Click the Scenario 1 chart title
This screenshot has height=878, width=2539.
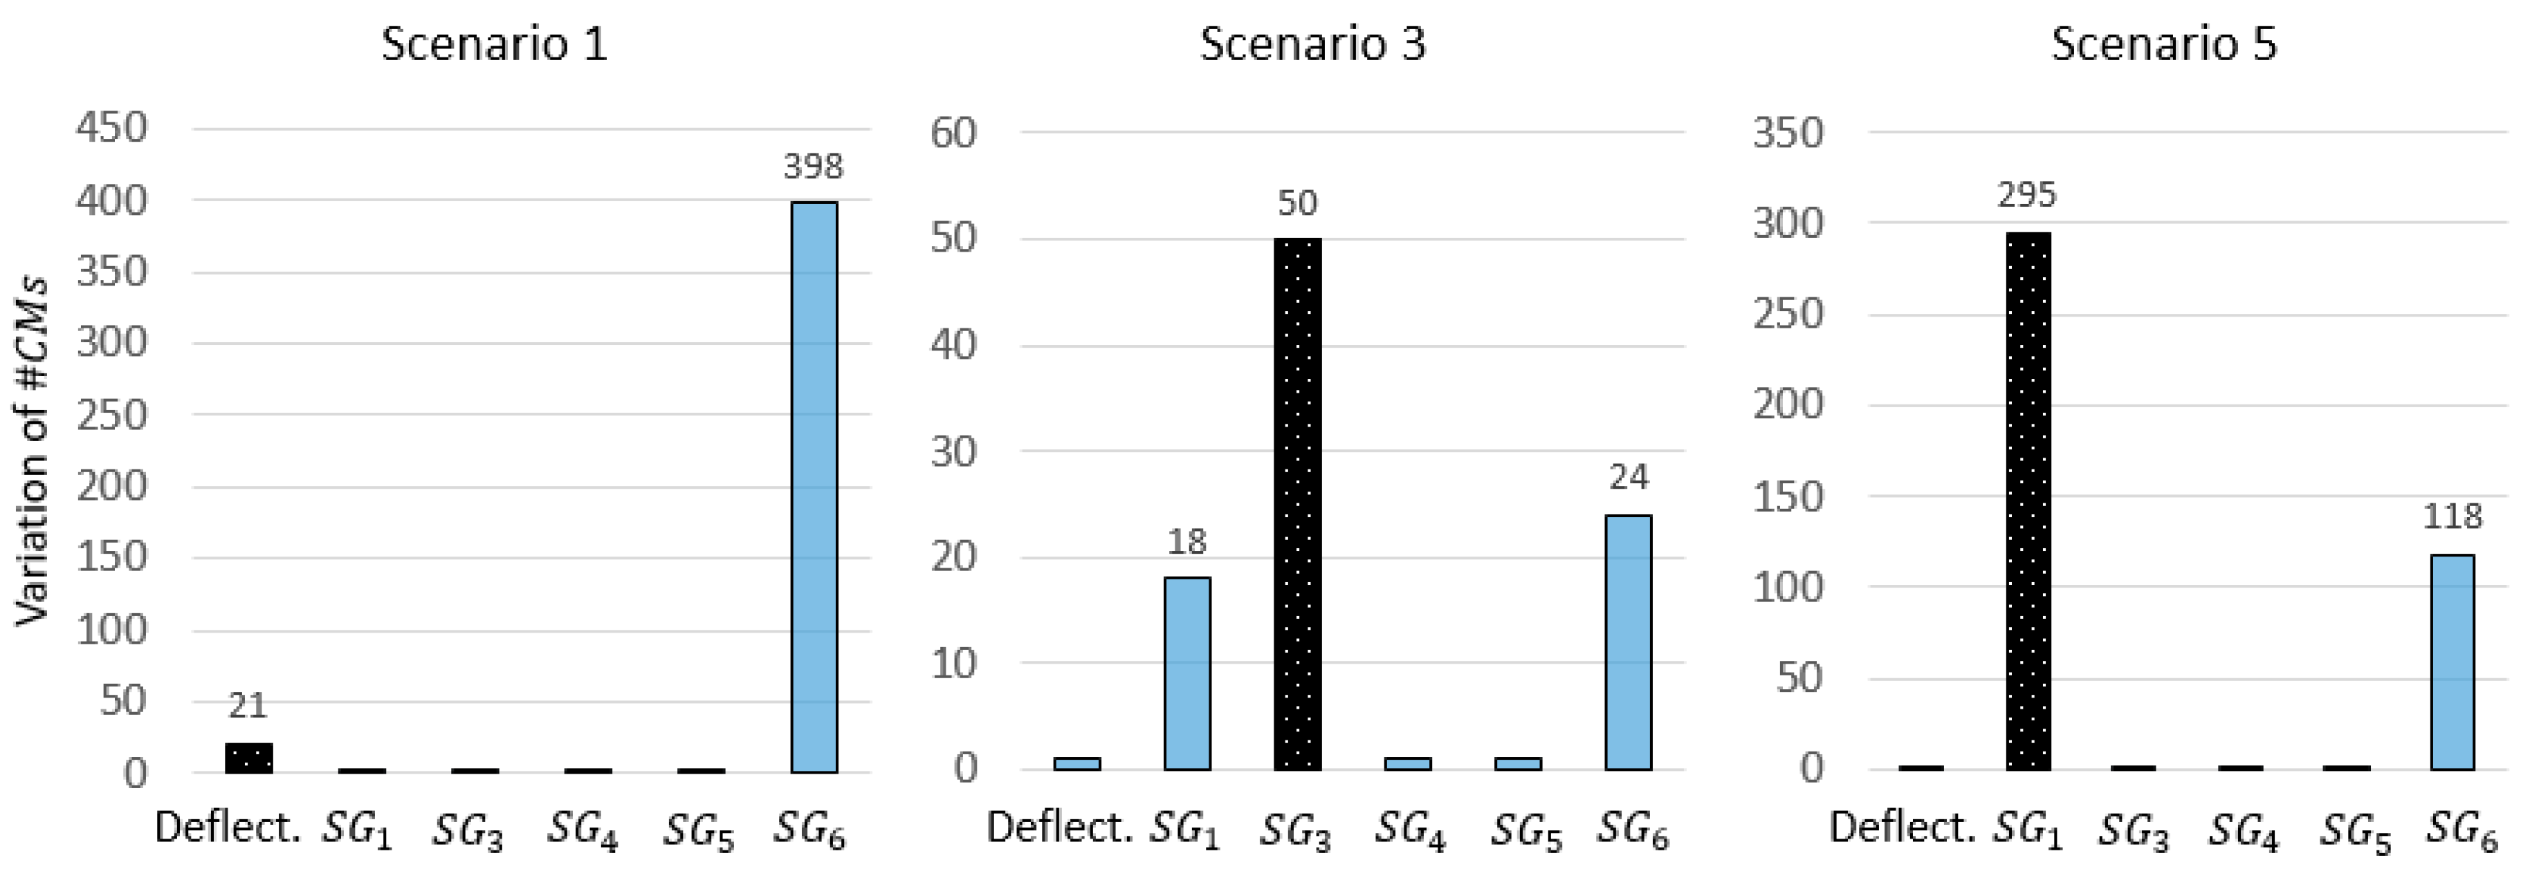coord(494,44)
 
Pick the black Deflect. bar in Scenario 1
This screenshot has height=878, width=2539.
coord(248,757)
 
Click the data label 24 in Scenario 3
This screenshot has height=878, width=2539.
coord(1629,478)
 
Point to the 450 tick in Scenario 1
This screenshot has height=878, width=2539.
coord(111,128)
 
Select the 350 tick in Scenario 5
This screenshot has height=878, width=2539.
coord(1787,132)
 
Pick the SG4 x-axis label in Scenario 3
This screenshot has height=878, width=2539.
coord(1411,831)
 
